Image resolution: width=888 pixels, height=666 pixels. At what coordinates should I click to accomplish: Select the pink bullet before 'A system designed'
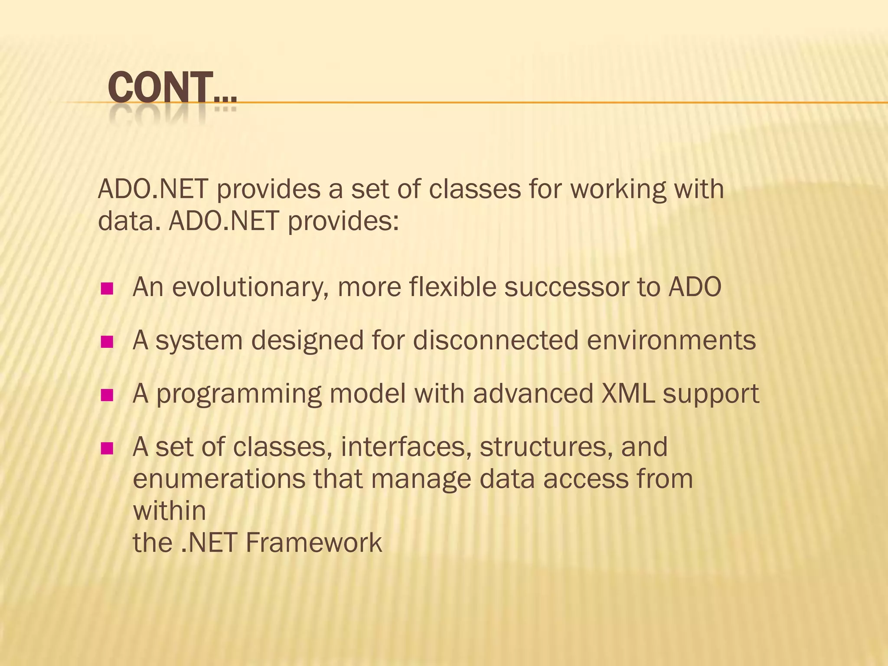click(107, 342)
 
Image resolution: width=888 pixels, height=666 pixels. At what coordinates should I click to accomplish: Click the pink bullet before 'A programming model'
click(107, 395)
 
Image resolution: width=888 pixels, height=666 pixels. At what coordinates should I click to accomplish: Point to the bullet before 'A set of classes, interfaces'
click(107, 448)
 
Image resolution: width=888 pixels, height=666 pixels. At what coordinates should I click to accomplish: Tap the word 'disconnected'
click(496, 340)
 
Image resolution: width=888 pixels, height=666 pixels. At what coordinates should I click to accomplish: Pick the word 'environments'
click(671, 340)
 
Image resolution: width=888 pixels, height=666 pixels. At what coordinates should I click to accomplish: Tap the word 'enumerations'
click(219, 479)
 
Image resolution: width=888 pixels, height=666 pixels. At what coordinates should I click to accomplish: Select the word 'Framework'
click(314, 542)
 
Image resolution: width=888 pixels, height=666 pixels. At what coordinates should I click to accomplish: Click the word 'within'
click(169, 510)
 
